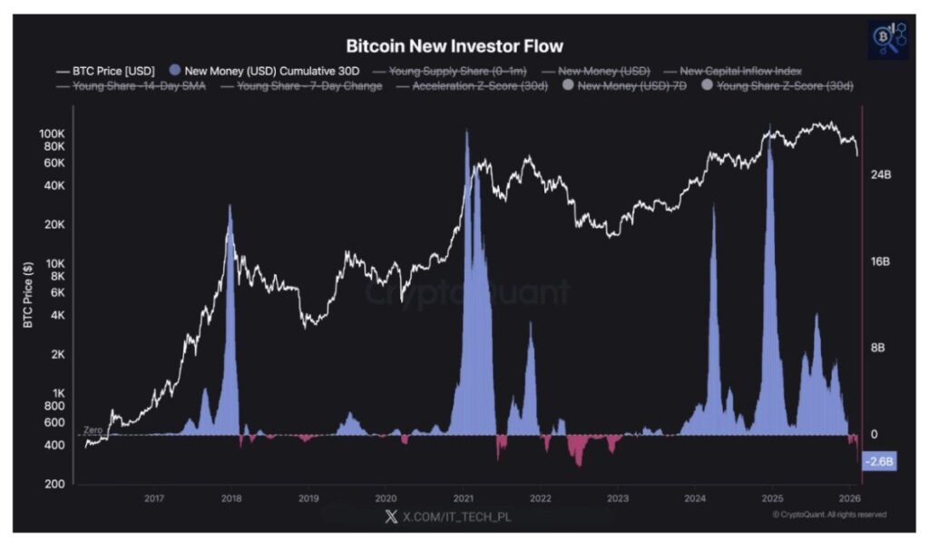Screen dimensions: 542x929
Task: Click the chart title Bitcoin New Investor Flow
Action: click(x=455, y=46)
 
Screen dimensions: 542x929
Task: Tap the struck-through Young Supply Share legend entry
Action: click(x=457, y=70)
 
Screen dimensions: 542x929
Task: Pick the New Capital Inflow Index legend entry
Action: click(x=739, y=70)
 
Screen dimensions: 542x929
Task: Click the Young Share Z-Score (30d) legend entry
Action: click(x=786, y=86)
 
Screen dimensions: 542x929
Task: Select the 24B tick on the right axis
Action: click(x=881, y=174)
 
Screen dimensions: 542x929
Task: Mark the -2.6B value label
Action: click(x=879, y=461)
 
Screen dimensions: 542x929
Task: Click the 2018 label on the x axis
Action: click(x=231, y=498)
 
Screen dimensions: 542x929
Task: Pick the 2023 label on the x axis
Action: click(x=618, y=498)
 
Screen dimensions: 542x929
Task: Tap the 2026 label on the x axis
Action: click(x=849, y=498)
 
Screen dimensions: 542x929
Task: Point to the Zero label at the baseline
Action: click(x=93, y=429)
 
